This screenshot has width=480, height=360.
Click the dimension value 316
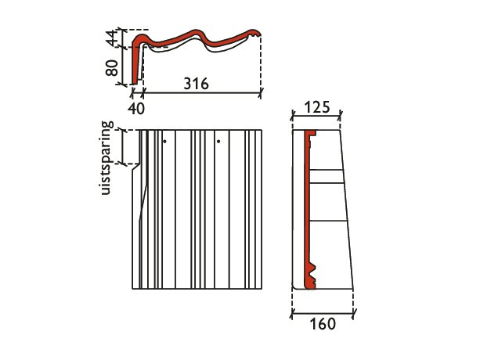(197, 84)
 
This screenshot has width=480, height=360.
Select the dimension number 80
(111, 68)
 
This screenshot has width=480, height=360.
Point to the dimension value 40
(136, 108)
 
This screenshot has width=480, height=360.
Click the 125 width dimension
(317, 107)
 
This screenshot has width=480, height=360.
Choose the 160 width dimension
(323, 324)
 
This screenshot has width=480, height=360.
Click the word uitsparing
(106, 158)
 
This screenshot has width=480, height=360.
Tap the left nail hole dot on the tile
(164, 142)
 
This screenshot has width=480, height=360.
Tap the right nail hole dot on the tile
(218, 142)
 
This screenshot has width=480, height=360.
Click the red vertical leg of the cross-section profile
(135, 63)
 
